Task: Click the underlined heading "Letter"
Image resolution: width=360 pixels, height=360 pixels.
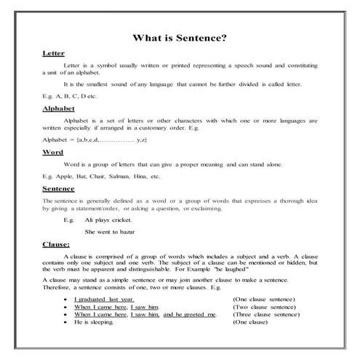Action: (x=54, y=54)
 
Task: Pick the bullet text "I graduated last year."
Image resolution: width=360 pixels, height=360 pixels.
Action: (x=107, y=300)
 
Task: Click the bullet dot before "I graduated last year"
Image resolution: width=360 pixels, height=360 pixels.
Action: (x=66, y=300)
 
